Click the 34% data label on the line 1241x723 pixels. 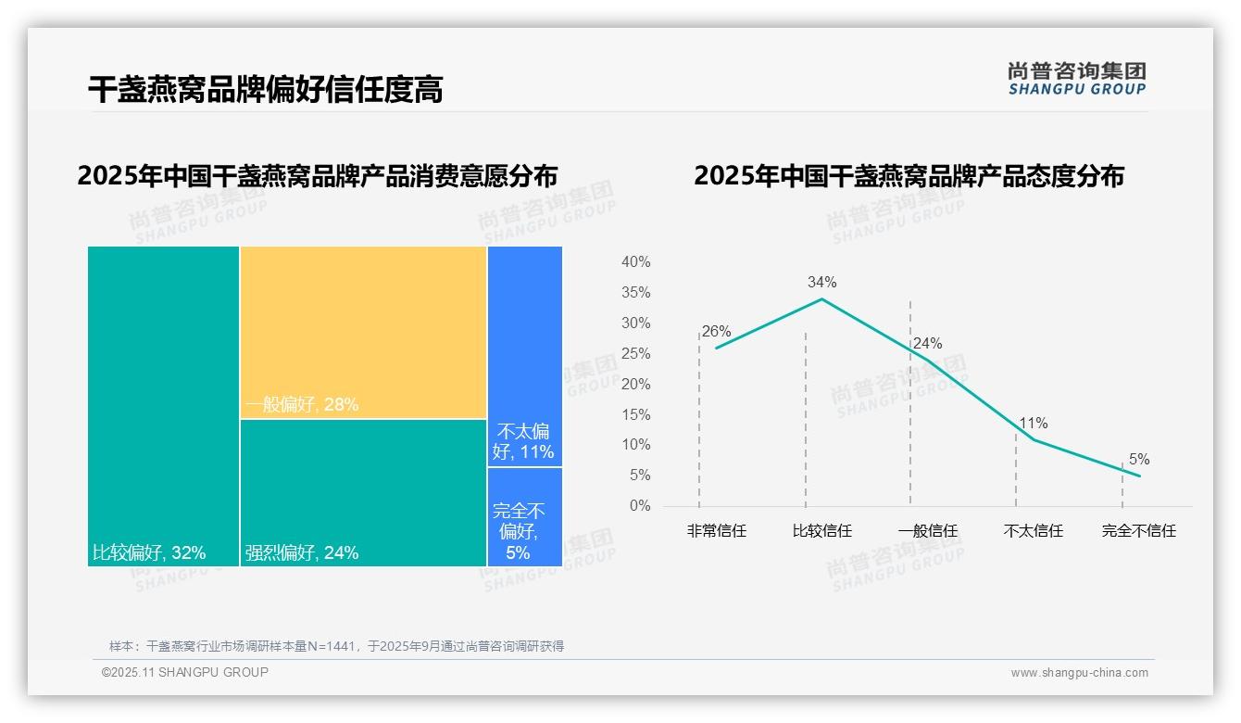(x=821, y=282)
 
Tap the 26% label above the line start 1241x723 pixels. (x=716, y=331)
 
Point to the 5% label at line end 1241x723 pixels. (x=1139, y=459)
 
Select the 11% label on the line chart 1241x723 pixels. (x=1034, y=424)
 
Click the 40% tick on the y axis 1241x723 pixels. (x=635, y=262)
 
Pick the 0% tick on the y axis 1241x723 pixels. (x=640, y=506)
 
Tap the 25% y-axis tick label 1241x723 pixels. (x=635, y=353)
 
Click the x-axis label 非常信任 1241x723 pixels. (x=716, y=531)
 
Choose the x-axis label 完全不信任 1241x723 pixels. (x=1138, y=531)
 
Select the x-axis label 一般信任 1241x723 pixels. (x=927, y=531)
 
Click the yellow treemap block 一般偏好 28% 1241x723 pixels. (x=363, y=332)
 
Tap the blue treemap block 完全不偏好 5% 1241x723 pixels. (x=524, y=516)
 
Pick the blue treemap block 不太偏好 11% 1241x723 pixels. (x=524, y=356)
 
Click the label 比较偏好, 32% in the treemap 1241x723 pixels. (x=149, y=553)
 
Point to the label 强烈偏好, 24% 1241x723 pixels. (x=302, y=553)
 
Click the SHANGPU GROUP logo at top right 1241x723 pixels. (x=1076, y=79)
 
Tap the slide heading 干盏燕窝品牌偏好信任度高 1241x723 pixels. (x=265, y=89)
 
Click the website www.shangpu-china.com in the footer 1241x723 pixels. (x=1079, y=673)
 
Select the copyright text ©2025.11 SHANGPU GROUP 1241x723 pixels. (x=185, y=672)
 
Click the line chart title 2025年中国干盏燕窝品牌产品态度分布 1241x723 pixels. (x=909, y=176)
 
